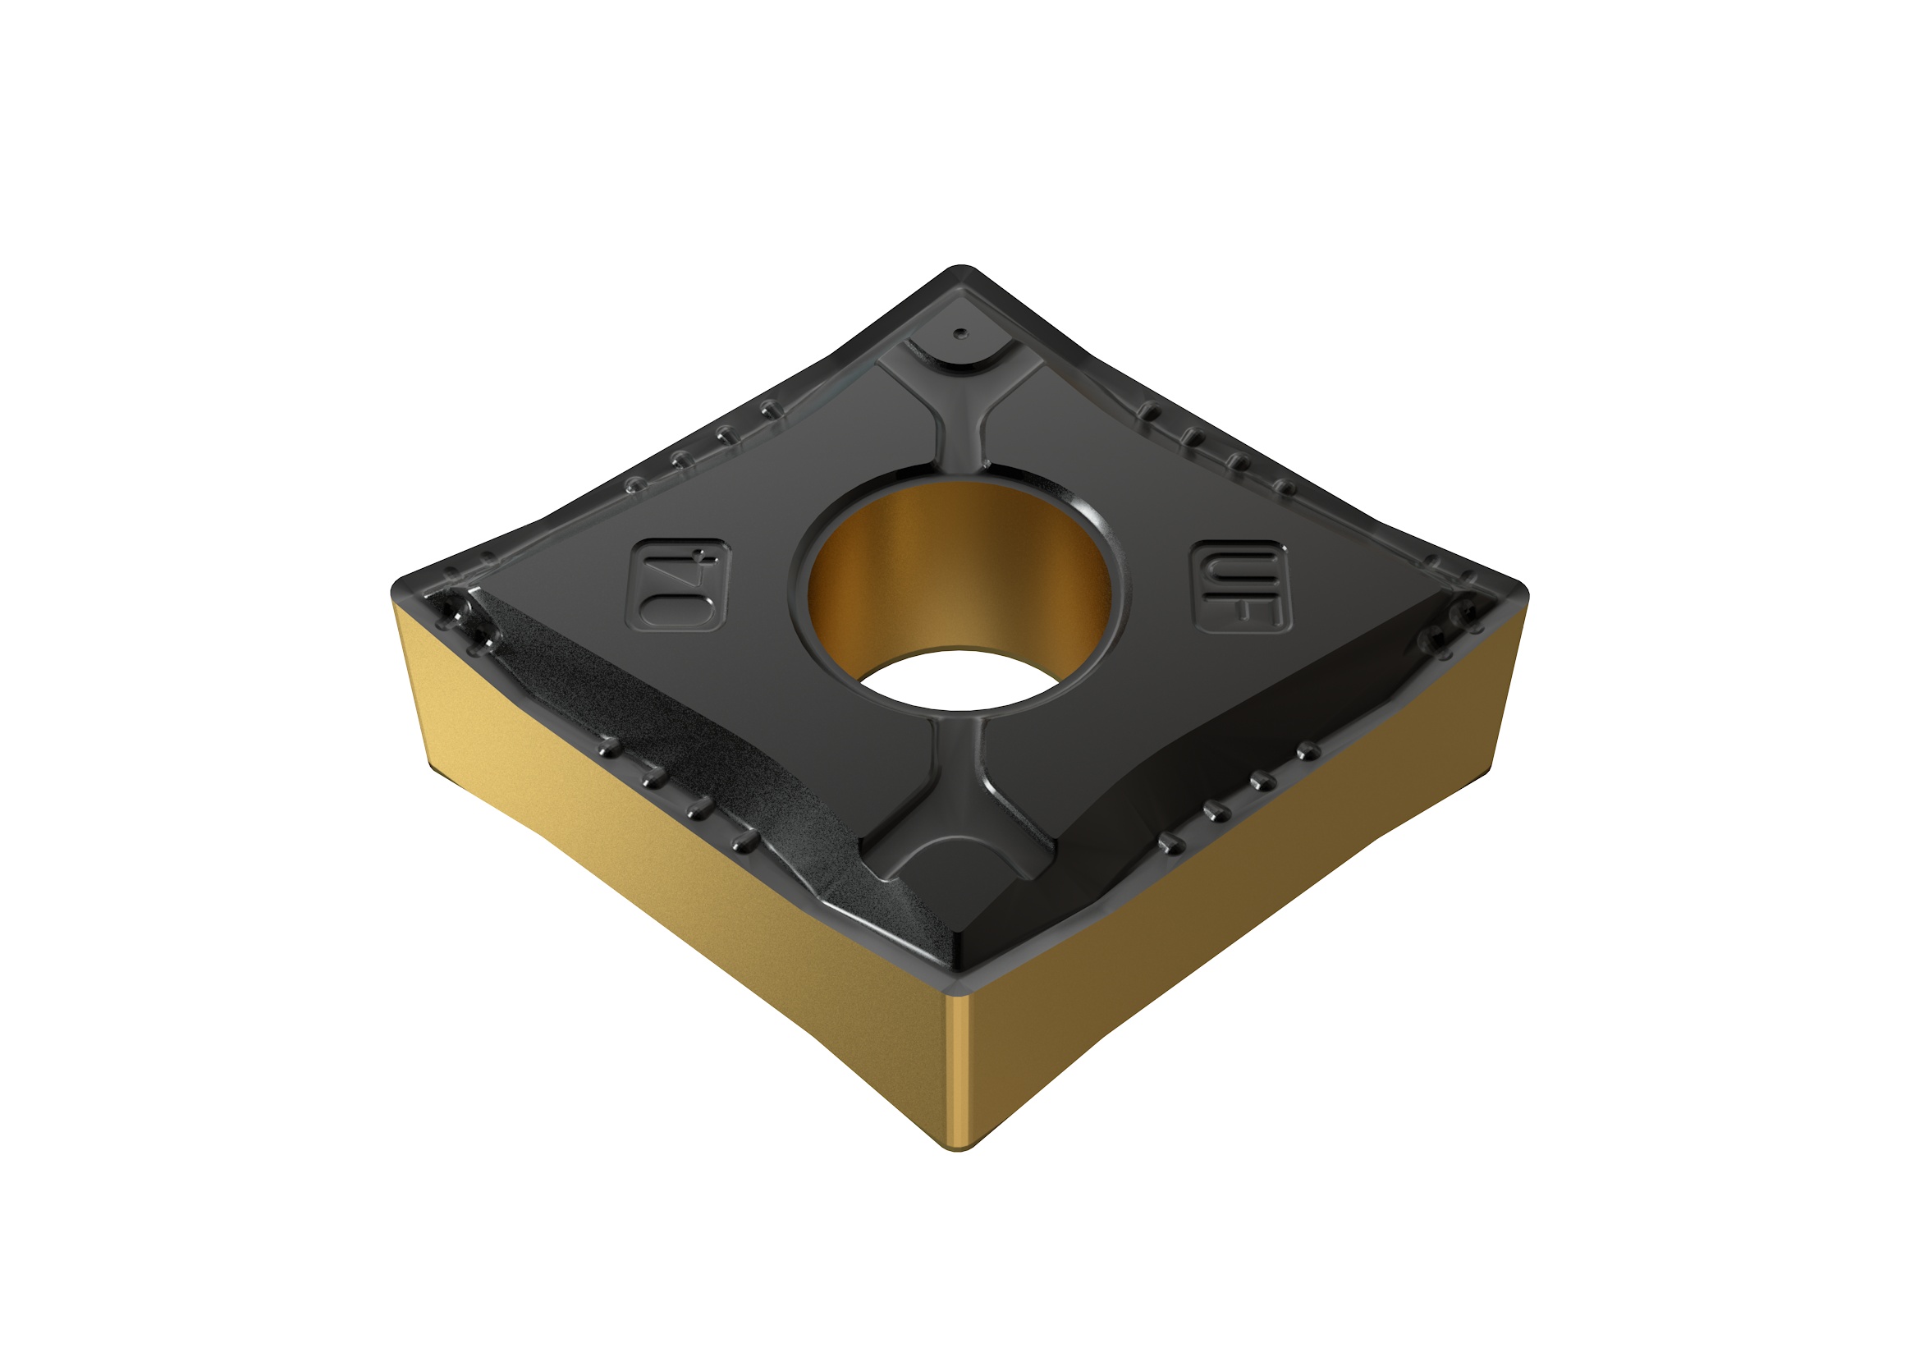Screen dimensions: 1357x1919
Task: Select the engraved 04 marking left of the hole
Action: coord(678,585)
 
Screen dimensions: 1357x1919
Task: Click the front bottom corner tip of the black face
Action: coord(959,970)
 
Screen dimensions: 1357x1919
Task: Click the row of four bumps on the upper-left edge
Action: coord(702,447)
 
